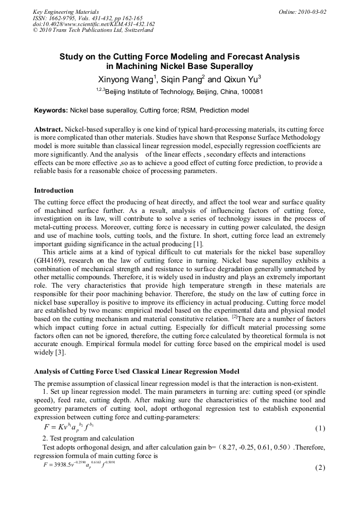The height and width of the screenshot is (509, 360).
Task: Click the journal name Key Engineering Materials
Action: click(66, 12)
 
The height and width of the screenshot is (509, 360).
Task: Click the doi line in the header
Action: click(94, 24)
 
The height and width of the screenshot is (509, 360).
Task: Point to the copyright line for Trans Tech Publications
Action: click(93, 30)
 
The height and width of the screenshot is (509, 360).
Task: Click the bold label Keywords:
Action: click(51, 110)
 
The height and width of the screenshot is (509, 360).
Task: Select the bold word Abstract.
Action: click(48, 130)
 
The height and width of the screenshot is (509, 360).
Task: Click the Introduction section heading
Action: click(54, 191)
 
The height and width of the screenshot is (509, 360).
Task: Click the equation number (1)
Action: click(320, 428)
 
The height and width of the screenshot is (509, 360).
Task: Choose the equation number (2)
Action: click(320, 468)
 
